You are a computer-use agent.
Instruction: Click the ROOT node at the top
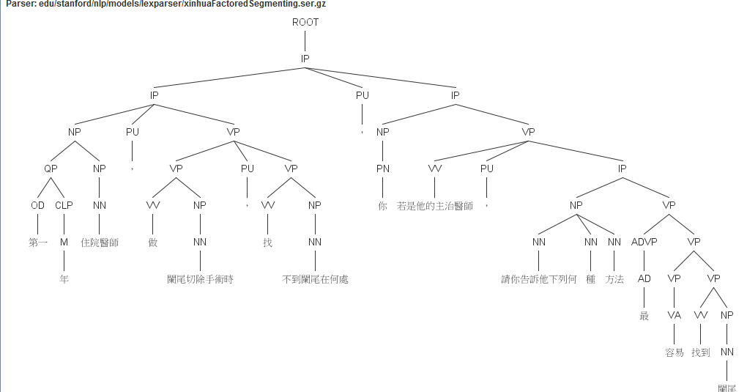point(305,22)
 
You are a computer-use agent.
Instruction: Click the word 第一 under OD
point(38,243)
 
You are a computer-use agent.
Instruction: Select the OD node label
point(37,205)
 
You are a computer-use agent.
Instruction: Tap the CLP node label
point(64,205)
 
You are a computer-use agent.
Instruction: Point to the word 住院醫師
point(100,243)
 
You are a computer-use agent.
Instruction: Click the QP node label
point(50,169)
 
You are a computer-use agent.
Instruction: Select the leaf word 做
point(153,243)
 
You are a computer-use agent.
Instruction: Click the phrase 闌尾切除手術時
point(200,279)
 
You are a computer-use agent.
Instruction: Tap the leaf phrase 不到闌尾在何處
point(315,279)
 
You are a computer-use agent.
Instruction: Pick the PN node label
point(382,169)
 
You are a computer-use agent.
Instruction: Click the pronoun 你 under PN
point(382,206)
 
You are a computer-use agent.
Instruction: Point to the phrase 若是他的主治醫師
point(435,206)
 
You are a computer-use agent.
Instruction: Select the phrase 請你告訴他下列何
point(539,279)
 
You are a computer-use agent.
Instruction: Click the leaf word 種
point(591,279)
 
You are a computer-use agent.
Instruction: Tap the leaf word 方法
point(614,279)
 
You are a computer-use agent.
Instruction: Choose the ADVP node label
point(644,242)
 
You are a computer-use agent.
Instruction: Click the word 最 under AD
point(644,316)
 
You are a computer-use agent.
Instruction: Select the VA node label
point(674,315)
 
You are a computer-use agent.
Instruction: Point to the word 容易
point(674,352)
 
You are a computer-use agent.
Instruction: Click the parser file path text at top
point(166,4)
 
